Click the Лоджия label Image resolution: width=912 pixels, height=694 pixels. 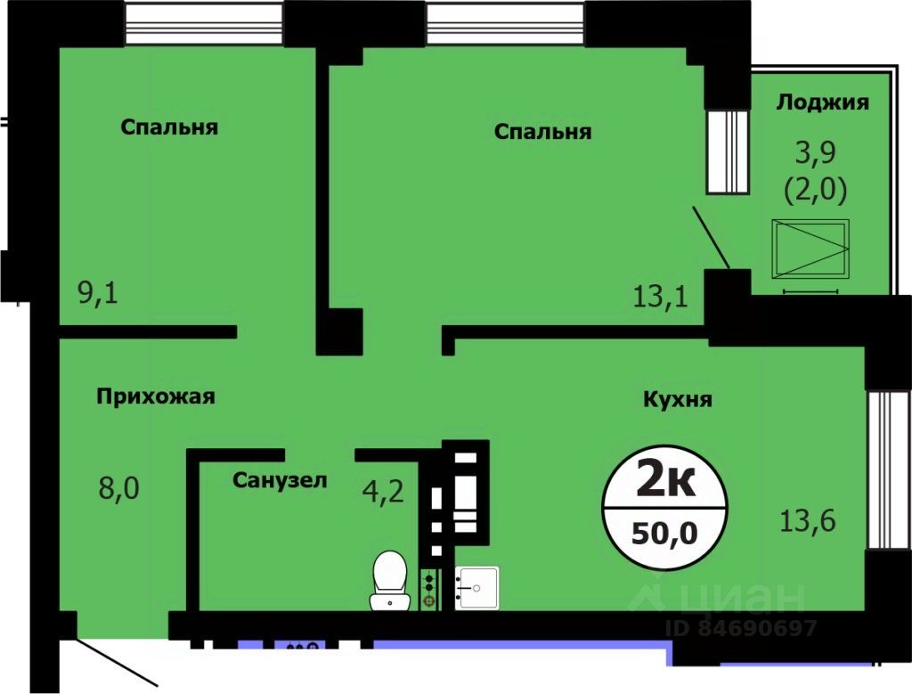tap(822, 102)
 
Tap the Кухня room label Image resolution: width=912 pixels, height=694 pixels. tap(677, 399)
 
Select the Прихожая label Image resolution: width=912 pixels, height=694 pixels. tap(156, 396)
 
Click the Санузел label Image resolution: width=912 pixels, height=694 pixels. tap(280, 481)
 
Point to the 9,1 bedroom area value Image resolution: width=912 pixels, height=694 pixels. tap(98, 292)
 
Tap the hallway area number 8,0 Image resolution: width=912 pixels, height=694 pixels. tap(118, 488)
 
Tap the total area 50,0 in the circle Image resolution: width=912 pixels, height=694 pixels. tap(664, 535)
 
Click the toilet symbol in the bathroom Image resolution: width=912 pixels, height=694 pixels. tap(389, 580)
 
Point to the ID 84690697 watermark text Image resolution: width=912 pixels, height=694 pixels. tap(741, 629)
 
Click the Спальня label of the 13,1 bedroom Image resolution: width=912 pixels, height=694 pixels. tap(542, 132)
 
